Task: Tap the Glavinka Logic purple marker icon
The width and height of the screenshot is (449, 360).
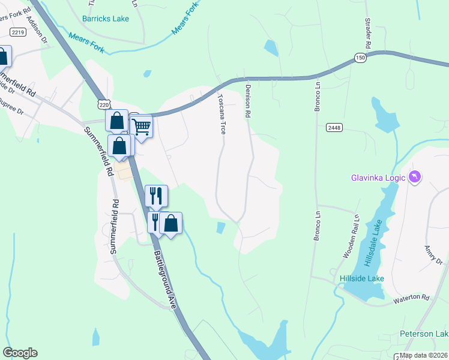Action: click(414, 176)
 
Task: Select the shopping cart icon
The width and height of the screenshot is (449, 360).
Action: click(141, 127)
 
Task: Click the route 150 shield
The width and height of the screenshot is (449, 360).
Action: click(360, 58)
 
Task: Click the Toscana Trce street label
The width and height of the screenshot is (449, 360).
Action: click(221, 113)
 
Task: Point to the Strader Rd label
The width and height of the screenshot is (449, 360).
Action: click(367, 34)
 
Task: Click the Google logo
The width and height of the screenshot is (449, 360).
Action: click(20, 353)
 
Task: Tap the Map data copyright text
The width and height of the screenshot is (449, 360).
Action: click(424, 355)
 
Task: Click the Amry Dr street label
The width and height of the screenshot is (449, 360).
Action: click(433, 254)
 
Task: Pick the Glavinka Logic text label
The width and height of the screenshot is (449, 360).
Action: click(378, 177)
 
